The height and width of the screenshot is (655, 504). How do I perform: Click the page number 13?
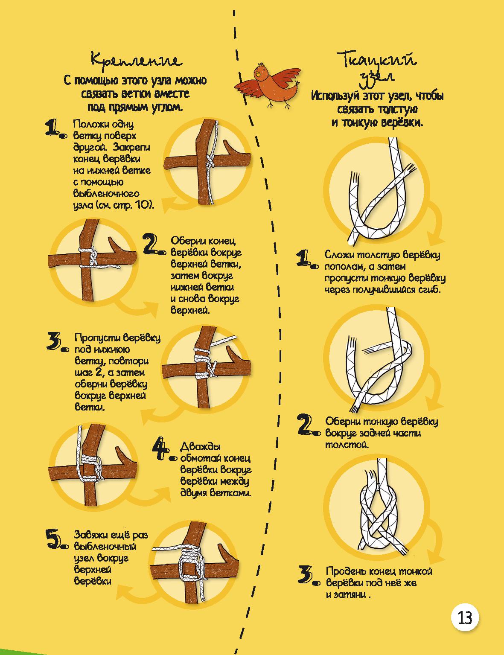pos(464,618)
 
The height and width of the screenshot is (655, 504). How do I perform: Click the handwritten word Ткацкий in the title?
pos(377,59)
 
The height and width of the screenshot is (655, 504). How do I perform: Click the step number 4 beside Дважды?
pos(163,449)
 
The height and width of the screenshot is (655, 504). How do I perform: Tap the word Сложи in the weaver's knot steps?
pos(339,255)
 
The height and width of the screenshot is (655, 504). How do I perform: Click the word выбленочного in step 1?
pos(106,194)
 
